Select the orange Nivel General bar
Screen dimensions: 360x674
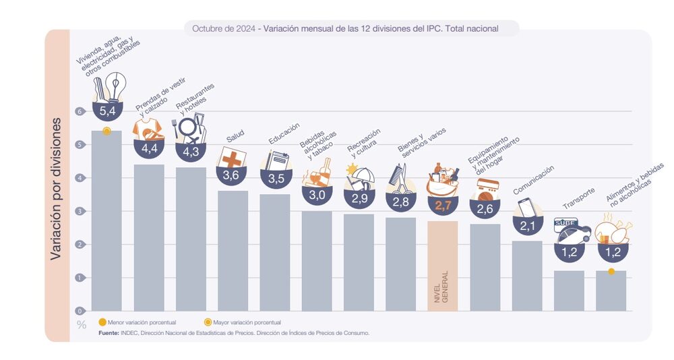[x=442, y=266]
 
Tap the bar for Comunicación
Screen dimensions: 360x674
[x=526, y=276]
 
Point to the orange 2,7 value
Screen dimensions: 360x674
[x=442, y=206]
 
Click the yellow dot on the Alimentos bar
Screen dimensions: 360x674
[x=611, y=271]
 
